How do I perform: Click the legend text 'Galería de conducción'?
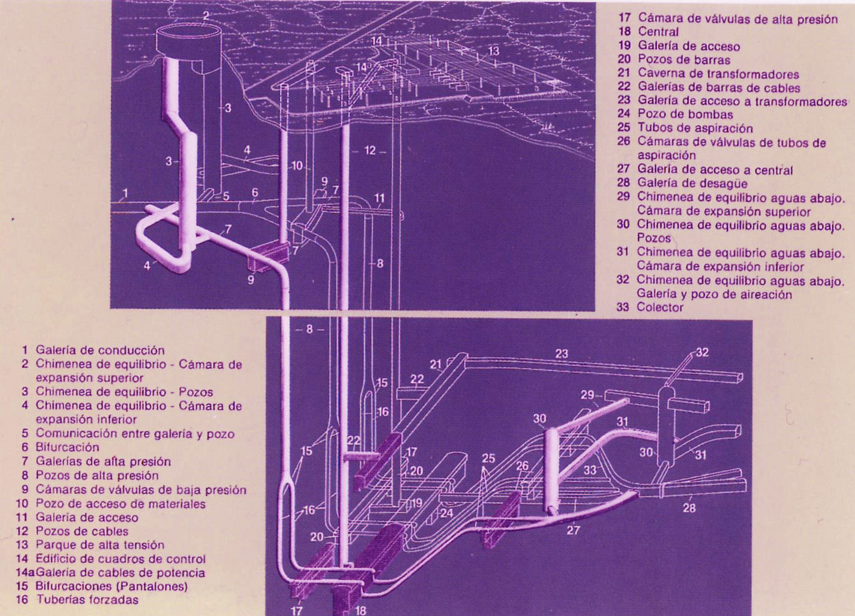click(99, 350)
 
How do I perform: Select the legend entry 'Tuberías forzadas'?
click(87, 599)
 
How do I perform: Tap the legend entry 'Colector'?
click(660, 307)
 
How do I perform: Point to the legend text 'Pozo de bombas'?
click(685, 115)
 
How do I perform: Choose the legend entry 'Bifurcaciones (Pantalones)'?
click(111, 585)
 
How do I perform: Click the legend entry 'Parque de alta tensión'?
click(99, 545)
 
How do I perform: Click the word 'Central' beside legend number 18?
click(658, 31)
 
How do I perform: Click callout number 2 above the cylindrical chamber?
click(206, 15)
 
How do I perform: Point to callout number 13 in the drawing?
click(494, 51)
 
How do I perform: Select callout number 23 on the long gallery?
click(562, 354)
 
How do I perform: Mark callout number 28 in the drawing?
click(689, 508)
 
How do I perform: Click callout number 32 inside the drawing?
click(702, 353)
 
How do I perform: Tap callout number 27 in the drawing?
click(573, 529)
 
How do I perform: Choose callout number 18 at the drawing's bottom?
click(360, 610)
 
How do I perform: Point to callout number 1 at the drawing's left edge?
click(125, 193)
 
